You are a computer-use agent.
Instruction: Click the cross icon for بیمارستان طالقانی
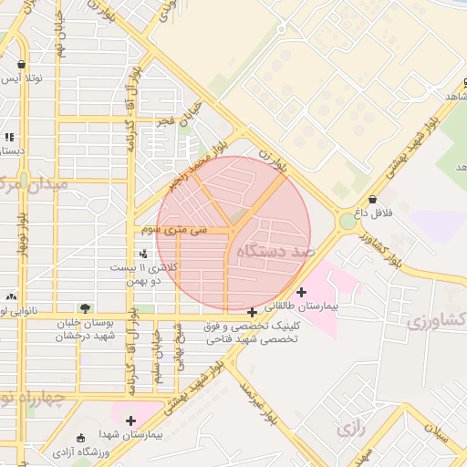pyautogui.click(x=302, y=292)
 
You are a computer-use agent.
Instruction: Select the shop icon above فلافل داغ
pyautogui.click(x=372, y=200)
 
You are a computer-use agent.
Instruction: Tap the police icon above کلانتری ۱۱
pyautogui.click(x=141, y=254)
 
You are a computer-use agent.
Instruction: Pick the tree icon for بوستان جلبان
pyautogui.click(x=85, y=308)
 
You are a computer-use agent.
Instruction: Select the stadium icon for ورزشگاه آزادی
pyautogui.click(x=82, y=439)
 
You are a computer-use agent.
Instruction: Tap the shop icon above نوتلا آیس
pyautogui.click(x=21, y=64)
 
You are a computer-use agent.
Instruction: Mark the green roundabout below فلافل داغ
pyautogui.click(x=348, y=222)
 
